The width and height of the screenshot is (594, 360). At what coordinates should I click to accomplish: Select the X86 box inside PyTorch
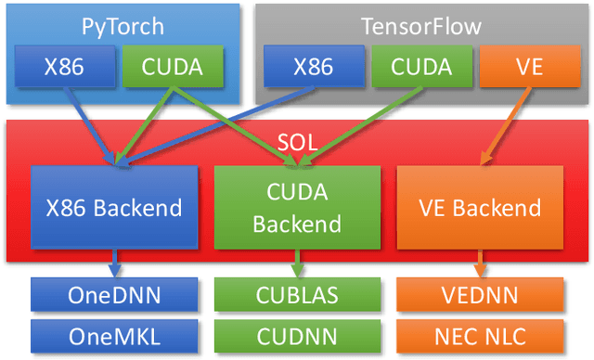coord(66,67)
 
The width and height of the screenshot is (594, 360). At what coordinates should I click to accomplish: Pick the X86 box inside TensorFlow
coord(313,67)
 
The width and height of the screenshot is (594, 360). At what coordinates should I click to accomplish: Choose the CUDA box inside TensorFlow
coord(421,67)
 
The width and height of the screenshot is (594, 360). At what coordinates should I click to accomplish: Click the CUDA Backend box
coord(296,210)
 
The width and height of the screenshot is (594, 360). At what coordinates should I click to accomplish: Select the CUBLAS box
coord(296,295)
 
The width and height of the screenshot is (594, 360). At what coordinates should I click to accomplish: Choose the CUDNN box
coord(296,332)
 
